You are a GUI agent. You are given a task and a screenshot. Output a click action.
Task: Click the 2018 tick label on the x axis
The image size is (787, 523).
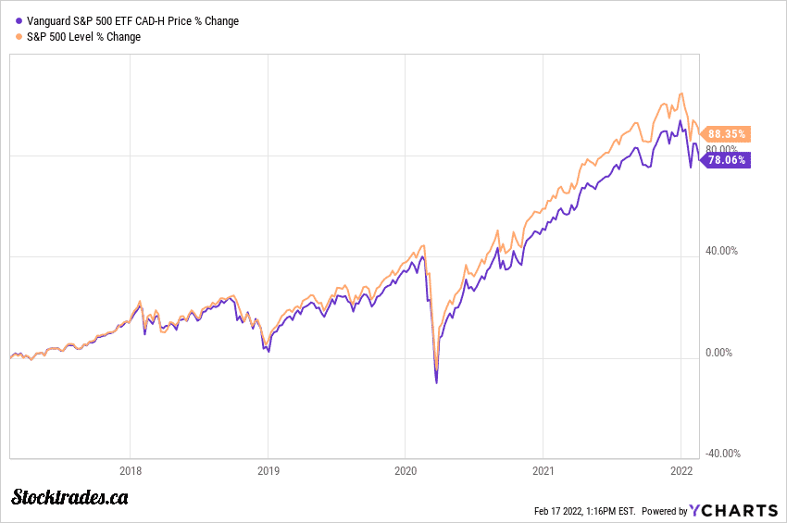tap(131, 470)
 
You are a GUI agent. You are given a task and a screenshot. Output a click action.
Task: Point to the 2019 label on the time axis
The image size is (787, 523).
tap(268, 470)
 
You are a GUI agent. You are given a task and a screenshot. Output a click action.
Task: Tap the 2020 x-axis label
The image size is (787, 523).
tap(405, 470)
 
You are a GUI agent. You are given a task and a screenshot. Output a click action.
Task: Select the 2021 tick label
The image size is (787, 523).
tap(543, 470)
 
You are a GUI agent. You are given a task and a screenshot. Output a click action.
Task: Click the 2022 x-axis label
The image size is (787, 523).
tap(681, 470)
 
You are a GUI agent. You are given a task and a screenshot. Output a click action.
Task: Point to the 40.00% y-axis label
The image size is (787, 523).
tap(721, 250)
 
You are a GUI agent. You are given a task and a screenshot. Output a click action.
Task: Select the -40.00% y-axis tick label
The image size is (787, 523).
tap(721, 454)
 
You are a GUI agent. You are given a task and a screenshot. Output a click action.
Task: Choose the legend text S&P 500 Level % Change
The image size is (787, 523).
tap(84, 37)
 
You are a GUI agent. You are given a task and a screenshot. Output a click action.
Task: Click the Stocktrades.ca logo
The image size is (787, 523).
tap(70, 498)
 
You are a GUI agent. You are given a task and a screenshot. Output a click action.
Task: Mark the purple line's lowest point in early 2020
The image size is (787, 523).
tap(436, 382)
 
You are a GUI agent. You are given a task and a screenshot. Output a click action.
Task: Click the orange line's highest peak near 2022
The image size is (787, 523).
tap(681, 93)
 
